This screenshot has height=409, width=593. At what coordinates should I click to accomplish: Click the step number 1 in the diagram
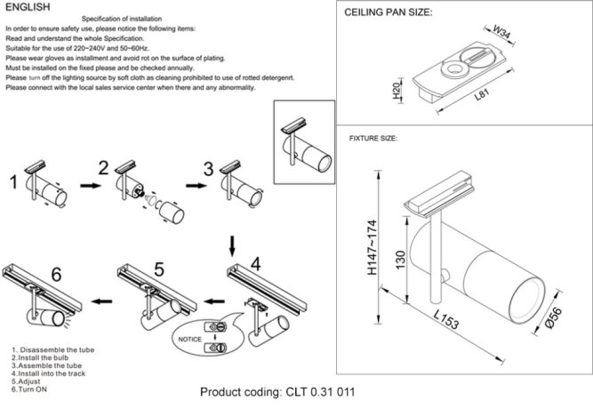click(x=12, y=184)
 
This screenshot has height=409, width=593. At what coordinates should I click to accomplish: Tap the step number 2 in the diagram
click(x=103, y=168)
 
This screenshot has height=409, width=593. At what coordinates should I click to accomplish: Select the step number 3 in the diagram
click(x=208, y=168)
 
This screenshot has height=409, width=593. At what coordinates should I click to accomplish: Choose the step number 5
click(x=158, y=268)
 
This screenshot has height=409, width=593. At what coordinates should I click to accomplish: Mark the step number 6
click(x=57, y=275)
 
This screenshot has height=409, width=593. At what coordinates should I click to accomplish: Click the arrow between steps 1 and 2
click(x=88, y=185)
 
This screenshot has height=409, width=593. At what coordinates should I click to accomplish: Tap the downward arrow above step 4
click(x=233, y=245)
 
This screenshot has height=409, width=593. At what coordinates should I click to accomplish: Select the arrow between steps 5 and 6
click(x=105, y=301)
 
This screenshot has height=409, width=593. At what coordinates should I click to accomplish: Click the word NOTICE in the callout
click(x=190, y=340)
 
